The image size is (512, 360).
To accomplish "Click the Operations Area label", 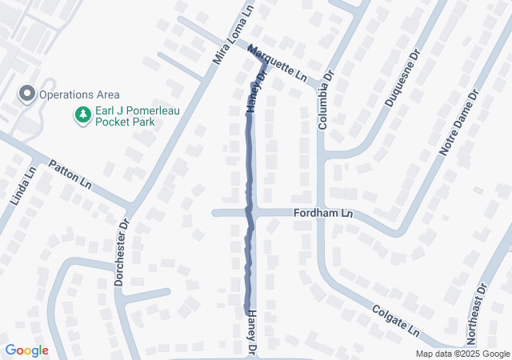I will (74, 94).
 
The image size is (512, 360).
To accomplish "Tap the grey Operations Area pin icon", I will (26, 94).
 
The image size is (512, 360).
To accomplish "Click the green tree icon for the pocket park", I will (82, 116).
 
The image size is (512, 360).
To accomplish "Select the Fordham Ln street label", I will (326, 214).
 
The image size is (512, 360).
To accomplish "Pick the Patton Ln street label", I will (70, 170).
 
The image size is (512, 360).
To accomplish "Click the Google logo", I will (26, 350).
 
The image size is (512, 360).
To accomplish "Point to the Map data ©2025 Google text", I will (462, 354).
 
